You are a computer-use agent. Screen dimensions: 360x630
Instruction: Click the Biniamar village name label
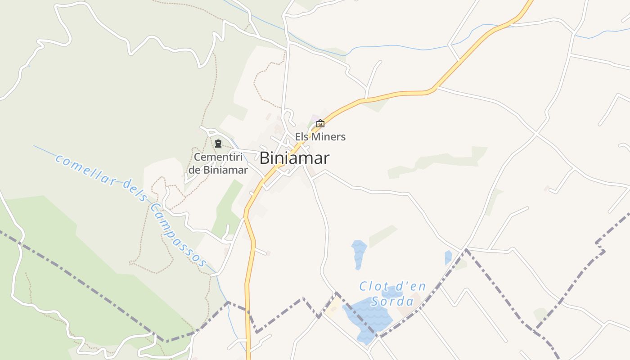click(294, 158)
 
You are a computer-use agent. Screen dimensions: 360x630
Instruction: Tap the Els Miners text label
click(320, 137)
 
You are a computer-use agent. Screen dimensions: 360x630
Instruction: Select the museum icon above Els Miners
click(320, 123)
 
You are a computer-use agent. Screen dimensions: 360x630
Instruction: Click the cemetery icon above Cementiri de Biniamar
click(218, 144)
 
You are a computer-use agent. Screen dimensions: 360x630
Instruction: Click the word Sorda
click(392, 301)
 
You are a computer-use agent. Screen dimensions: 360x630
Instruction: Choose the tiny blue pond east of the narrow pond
click(448, 257)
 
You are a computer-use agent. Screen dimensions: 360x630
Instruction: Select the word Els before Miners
click(302, 137)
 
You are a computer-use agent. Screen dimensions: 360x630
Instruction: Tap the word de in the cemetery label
click(194, 170)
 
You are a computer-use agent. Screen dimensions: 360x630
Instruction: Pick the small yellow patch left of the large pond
click(334, 310)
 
